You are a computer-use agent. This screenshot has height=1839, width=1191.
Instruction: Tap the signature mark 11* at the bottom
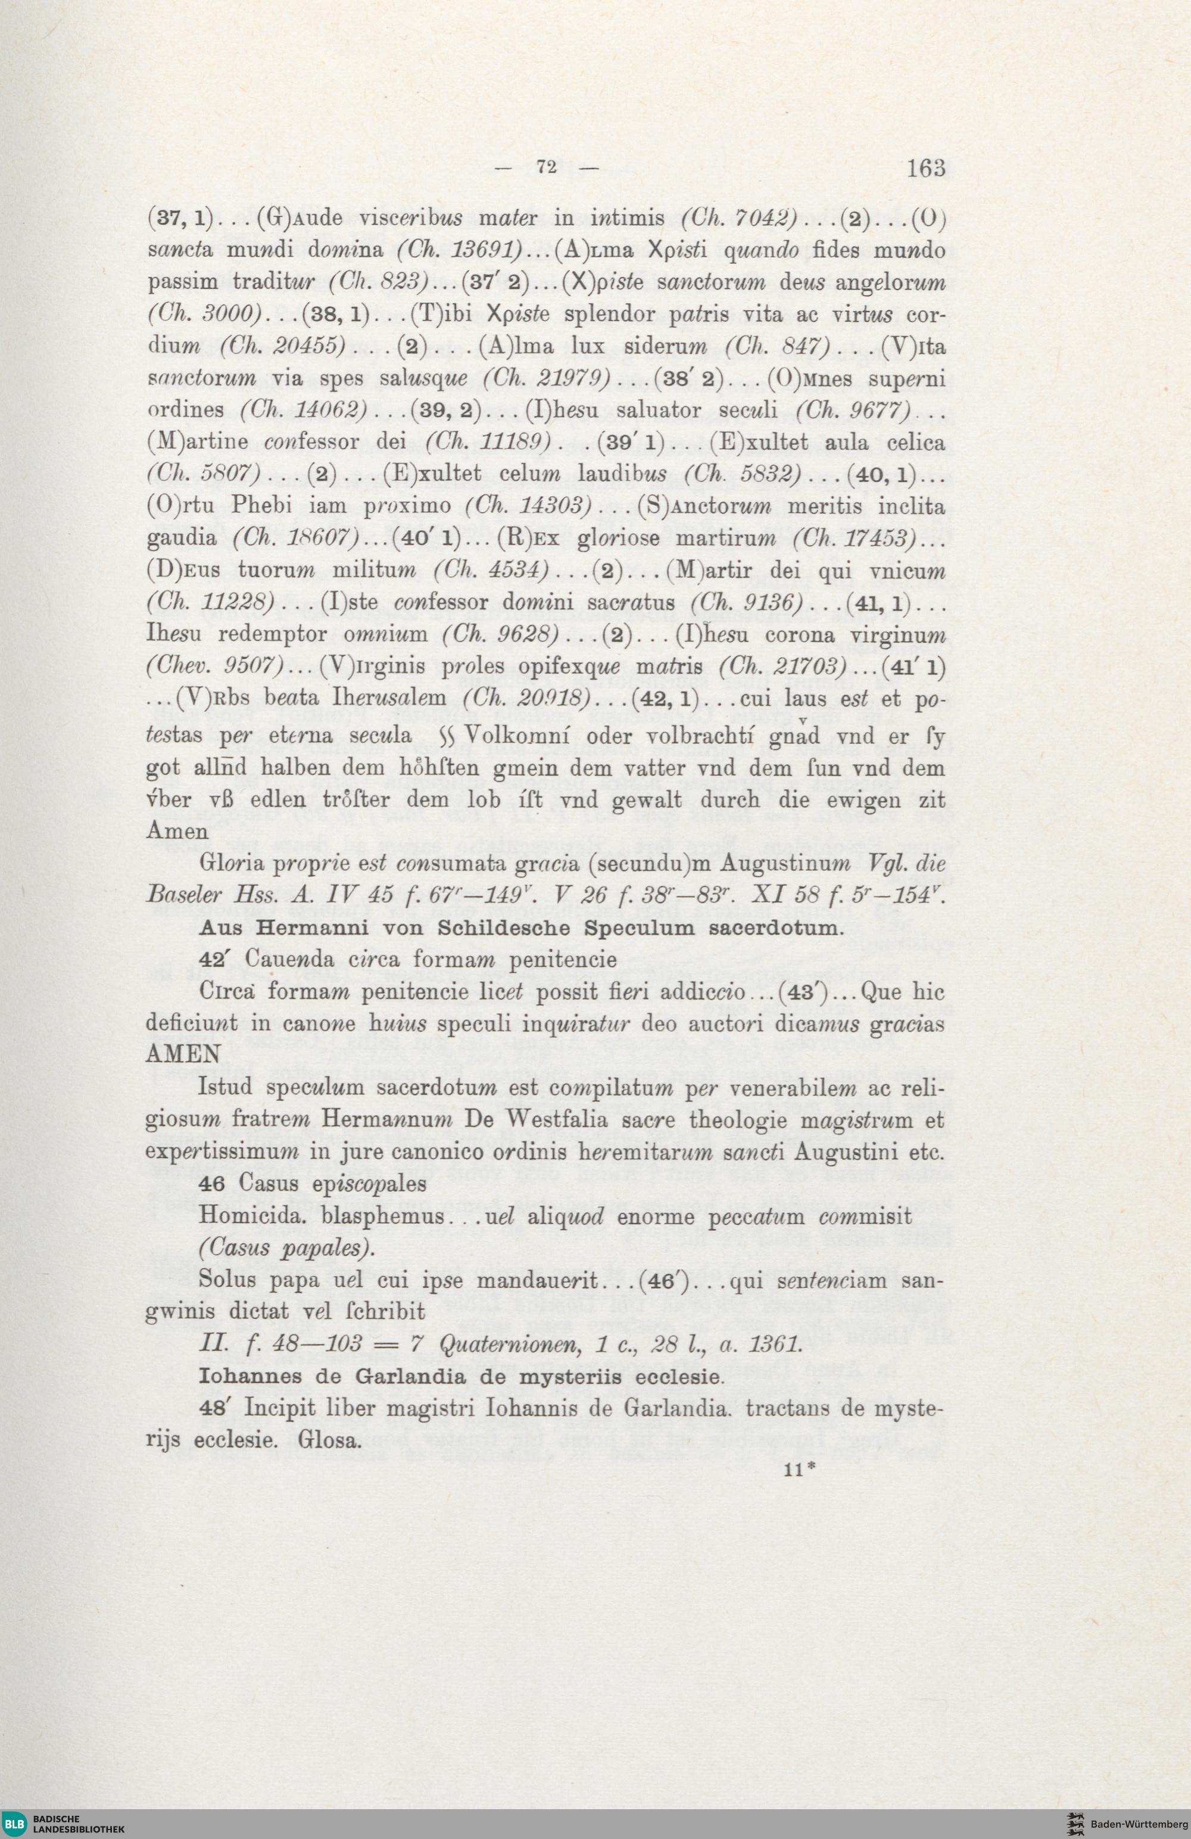click(799, 1470)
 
